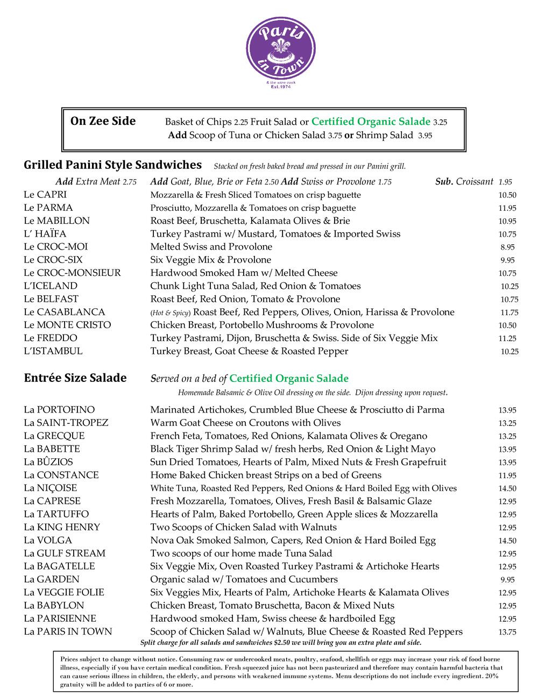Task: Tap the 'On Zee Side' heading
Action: click(x=103, y=121)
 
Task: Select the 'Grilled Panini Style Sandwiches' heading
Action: click(x=112, y=165)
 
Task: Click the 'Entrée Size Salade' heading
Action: click(x=75, y=378)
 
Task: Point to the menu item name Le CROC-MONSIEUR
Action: click(x=72, y=273)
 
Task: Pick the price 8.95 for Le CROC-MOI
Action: click(x=507, y=247)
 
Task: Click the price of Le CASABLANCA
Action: click(x=508, y=313)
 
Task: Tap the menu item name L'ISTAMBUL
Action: click(x=53, y=351)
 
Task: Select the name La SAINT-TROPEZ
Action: click(x=66, y=423)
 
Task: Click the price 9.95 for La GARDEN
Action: click(x=507, y=580)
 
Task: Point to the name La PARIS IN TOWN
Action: click(x=68, y=631)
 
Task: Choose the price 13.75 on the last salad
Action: click(x=507, y=632)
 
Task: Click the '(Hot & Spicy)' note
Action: click(x=170, y=313)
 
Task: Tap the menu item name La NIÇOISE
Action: click(x=50, y=488)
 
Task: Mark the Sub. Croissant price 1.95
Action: click(x=505, y=182)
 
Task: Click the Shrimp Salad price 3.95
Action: click(x=424, y=136)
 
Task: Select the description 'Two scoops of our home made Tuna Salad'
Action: click(x=241, y=553)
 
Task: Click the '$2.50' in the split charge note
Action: click(x=282, y=643)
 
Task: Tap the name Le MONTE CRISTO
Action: click(x=67, y=325)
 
